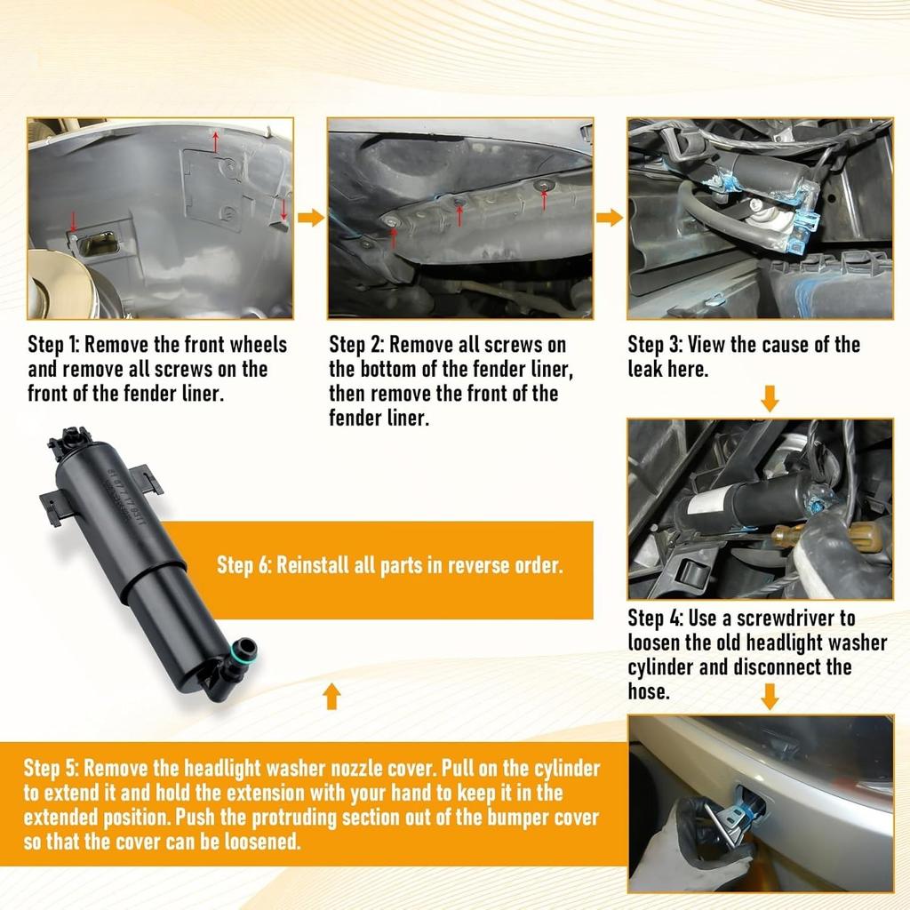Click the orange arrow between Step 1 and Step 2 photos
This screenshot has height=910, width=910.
(310, 218)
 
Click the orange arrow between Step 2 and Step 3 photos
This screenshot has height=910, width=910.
(610, 218)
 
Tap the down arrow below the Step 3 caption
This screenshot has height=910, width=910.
(770, 398)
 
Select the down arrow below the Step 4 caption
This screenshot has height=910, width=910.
(770, 697)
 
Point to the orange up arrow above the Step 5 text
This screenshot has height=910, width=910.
(331, 696)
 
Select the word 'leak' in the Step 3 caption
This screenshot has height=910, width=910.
(645, 369)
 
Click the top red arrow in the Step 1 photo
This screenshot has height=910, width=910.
(216, 141)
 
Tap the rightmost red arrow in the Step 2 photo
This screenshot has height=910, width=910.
(544, 199)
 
